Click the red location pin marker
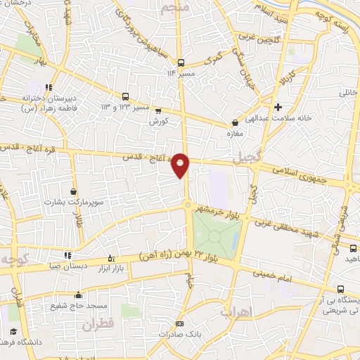click(x=181, y=165)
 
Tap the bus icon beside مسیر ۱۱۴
click(x=181, y=62)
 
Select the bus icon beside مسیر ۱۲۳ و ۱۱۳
click(x=125, y=96)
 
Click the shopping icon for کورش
click(x=158, y=110)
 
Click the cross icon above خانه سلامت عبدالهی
click(x=278, y=107)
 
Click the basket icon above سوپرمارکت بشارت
click(x=74, y=191)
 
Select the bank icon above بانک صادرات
click(x=179, y=323)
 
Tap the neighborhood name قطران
click(x=97, y=326)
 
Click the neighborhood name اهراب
click(x=236, y=310)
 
